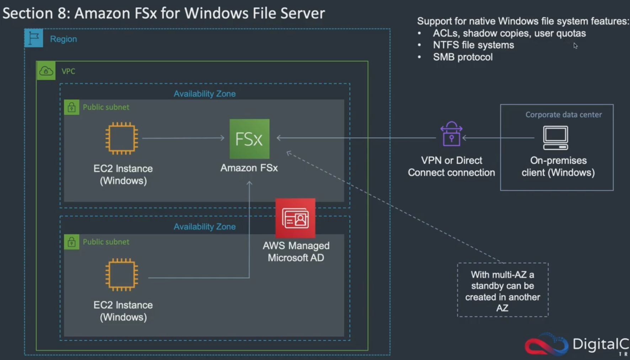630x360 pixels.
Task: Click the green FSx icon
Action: (x=249, y=139)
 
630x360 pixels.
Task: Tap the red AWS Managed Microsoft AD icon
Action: (x=295, y=218)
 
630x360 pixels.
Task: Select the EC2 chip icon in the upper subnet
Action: (x=122, y=138)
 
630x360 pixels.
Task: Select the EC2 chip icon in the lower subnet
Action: (x=122, y=274)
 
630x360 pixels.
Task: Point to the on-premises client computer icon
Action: (x=555, y=138)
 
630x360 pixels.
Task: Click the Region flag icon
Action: (x=34, y=38)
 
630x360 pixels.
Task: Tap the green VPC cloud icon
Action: (x=46, y=71)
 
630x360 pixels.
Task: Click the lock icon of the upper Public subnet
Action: (x=71, y=107)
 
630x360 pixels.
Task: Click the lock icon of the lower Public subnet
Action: (x=71, y=242)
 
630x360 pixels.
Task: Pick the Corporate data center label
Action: (x=564, y=115)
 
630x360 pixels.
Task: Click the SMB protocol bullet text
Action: (x=463, y=57)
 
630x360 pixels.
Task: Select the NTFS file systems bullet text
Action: (x=473, y=45)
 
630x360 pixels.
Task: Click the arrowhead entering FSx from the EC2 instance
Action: (x=222, y=138)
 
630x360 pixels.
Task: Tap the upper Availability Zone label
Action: (x=204, y=94)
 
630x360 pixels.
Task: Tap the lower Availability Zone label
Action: (x=204, y=227)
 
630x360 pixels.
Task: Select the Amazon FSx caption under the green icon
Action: (x=249, y=168)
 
